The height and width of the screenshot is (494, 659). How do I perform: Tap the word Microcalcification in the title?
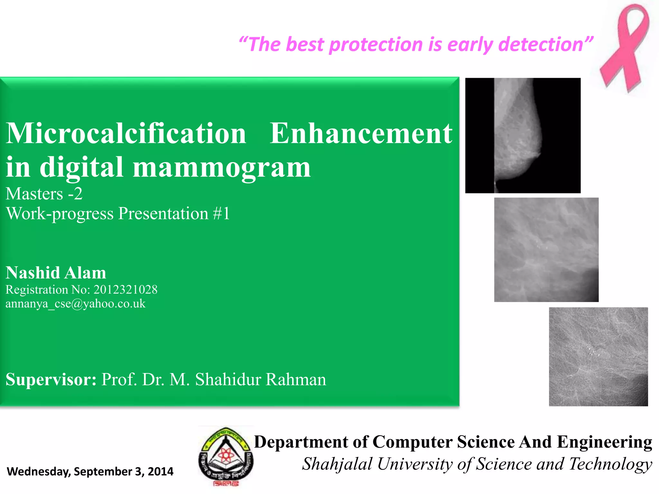click(x=126, y=133)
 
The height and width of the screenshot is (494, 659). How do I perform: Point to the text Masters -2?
click(x=44, y=194)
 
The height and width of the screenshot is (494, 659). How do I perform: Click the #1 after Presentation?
click(x=222, y=214)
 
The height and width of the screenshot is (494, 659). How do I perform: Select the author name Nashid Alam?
click(x=56, y=273)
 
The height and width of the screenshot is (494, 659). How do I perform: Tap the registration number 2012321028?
click(x=125, y=290)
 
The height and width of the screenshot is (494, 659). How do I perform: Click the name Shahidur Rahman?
click(x=261, y=380)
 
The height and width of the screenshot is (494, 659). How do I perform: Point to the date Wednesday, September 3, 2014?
click(x=90, y=471)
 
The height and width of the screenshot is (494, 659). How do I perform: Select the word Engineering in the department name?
click(x=604, y=442)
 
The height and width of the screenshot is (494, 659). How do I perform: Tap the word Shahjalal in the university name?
click(x=337, y=464)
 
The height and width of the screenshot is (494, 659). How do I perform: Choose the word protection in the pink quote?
click(x=376, y=44)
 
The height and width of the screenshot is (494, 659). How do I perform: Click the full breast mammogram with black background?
click(x=523, y=135)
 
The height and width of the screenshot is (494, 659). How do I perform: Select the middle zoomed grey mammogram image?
click(x=546, y=250)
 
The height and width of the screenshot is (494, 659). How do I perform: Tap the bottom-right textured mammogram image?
click(x=599, y=357)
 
